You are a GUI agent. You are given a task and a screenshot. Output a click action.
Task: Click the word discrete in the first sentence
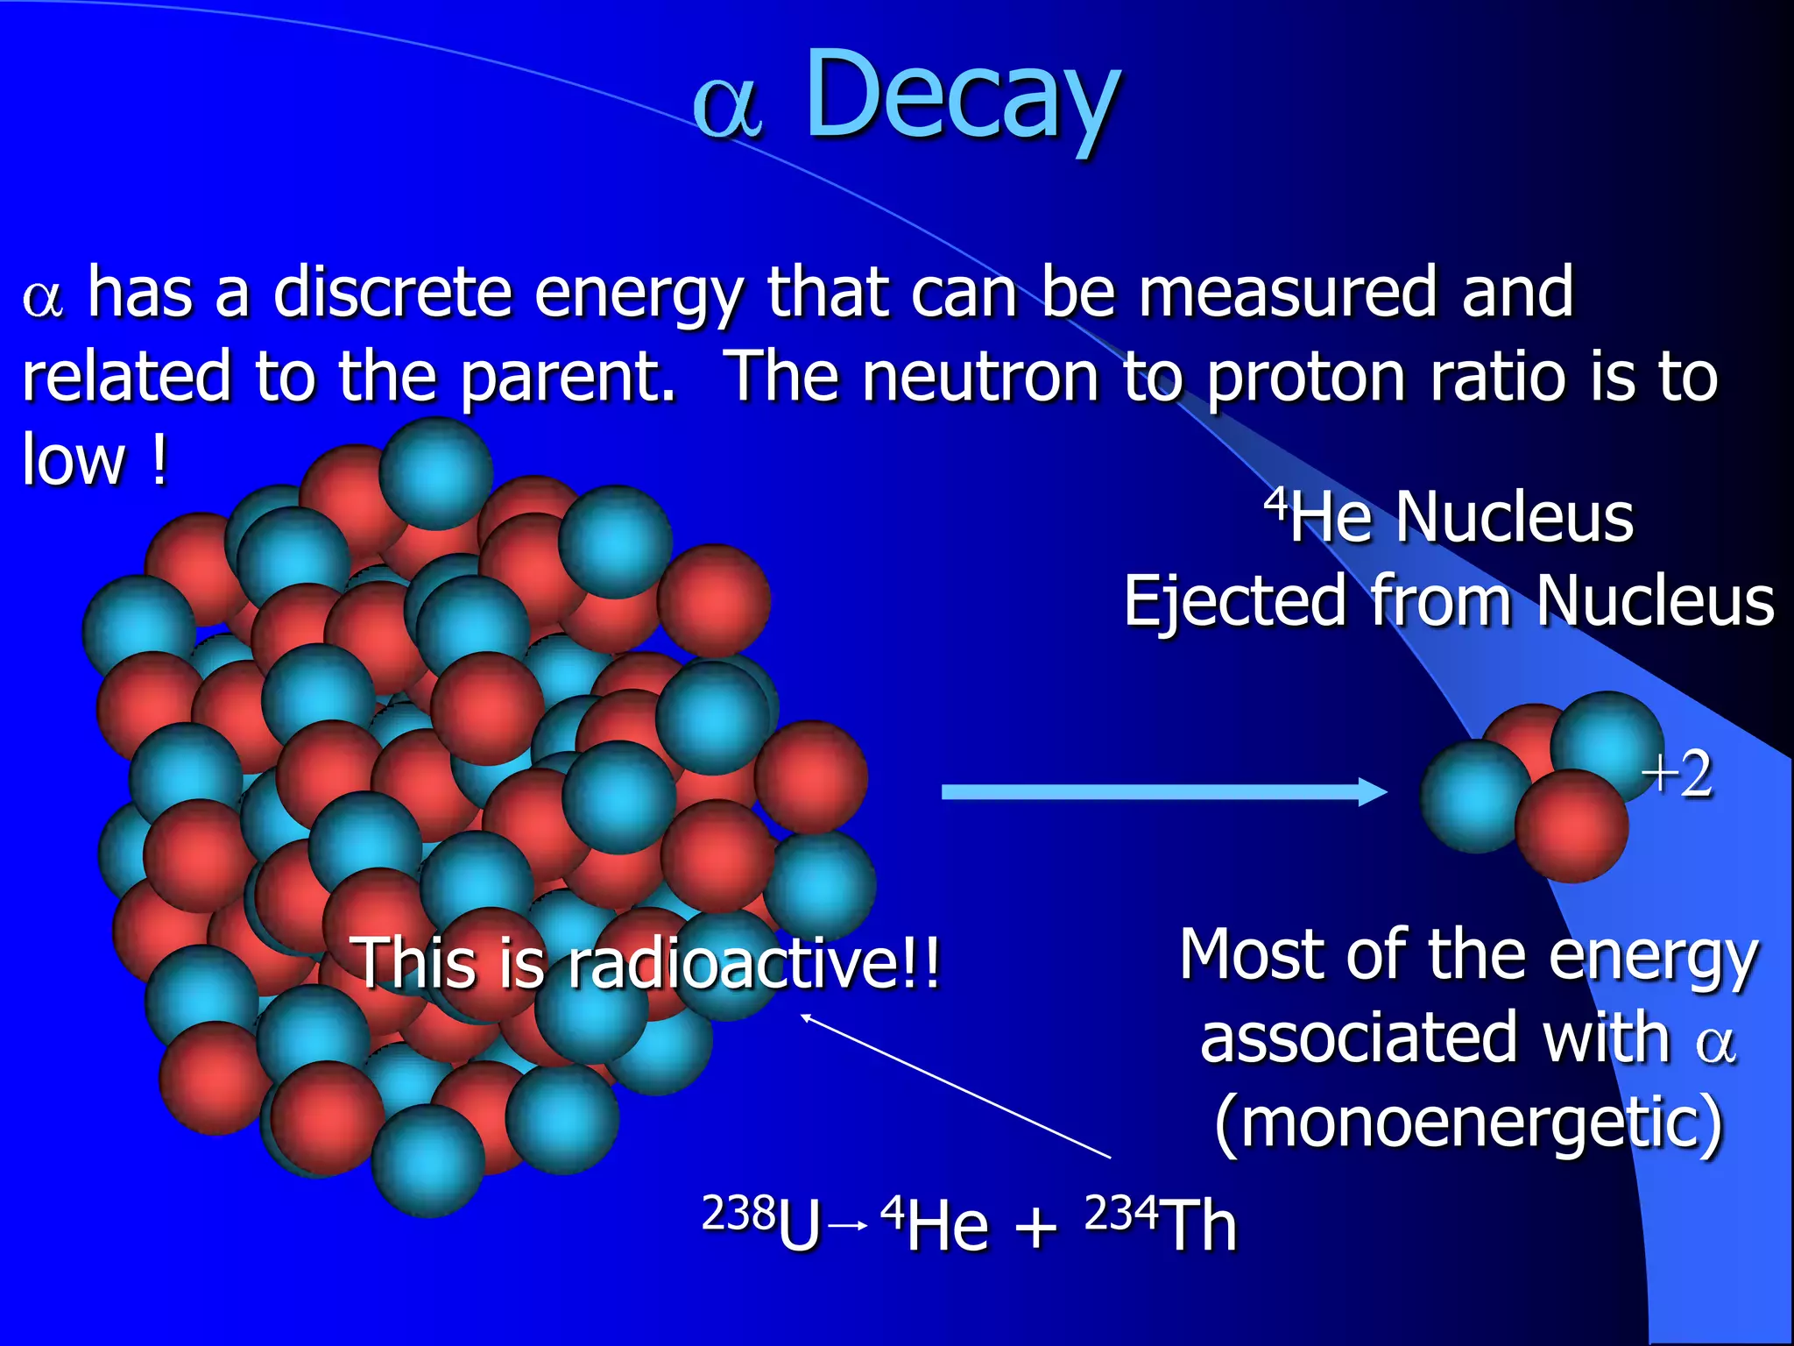[x=392, y=293]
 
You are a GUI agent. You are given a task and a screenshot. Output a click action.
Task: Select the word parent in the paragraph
[x=566, y=377]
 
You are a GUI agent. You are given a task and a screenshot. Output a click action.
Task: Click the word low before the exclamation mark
[x=74, y=460]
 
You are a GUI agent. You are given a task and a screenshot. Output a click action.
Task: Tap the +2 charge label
[x=1677, y=775]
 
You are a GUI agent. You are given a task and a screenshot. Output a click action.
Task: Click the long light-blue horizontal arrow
[x=1156, y=792]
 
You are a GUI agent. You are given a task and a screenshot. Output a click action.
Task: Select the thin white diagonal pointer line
[x=955, y=1087]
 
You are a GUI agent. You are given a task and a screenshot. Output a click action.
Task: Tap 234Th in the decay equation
[x=1161, y=1224]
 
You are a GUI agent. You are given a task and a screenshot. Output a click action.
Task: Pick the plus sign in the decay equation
[x=1035, y=1227]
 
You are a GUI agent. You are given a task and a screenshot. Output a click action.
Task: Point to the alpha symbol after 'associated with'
[x=1715, y=1043]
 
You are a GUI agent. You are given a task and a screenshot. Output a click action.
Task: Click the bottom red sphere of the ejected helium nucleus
[x=1572, y=826]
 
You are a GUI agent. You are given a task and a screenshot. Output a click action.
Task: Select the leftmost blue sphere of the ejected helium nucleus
[x=1474, y=796]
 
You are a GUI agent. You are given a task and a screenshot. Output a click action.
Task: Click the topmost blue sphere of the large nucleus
[x=435, y=473]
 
